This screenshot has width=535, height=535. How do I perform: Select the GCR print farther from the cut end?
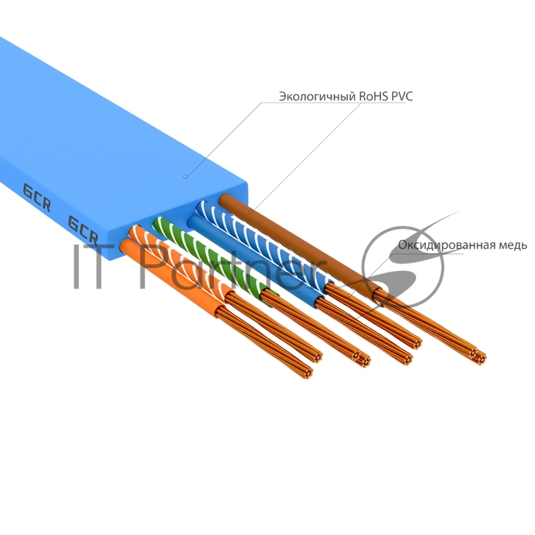(37, 197)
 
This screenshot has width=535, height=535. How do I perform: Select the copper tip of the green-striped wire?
(362, 359)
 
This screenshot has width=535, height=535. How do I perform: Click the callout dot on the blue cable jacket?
(185, 177)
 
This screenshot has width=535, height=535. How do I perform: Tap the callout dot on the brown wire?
(251, 211)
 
